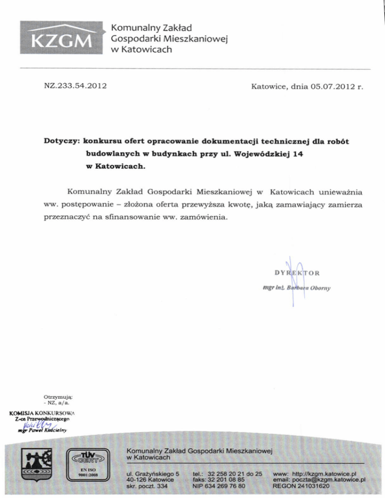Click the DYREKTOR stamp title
(x=296, y=273)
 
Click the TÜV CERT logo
(x=89, y=457)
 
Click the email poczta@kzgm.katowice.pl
(x=319, y=479)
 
